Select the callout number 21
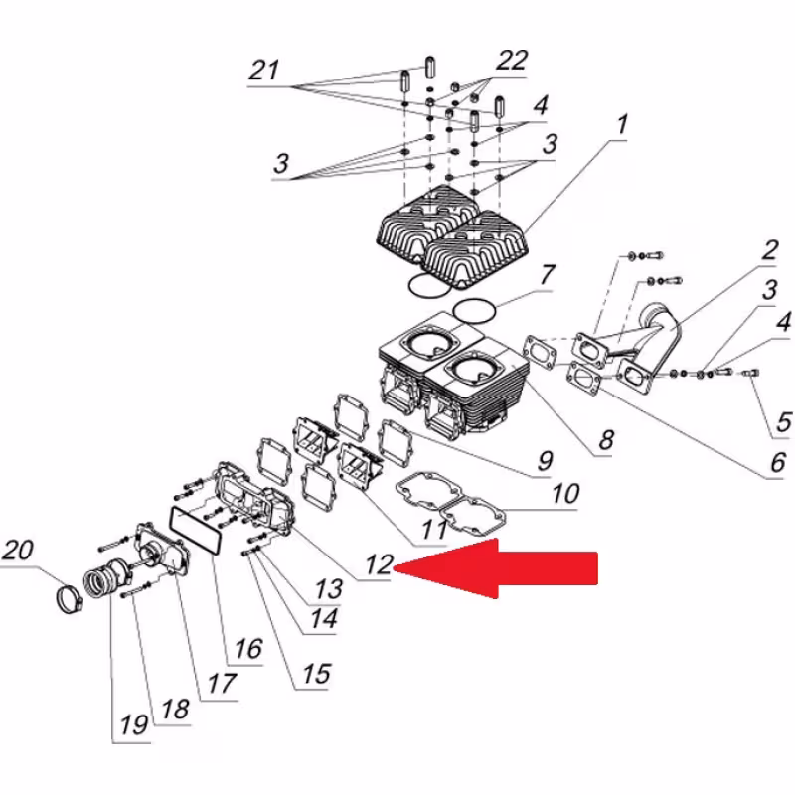point(263,72)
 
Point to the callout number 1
point(621,126)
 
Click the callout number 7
point(548,275)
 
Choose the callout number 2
point(770,250)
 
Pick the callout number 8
point(605,438)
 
